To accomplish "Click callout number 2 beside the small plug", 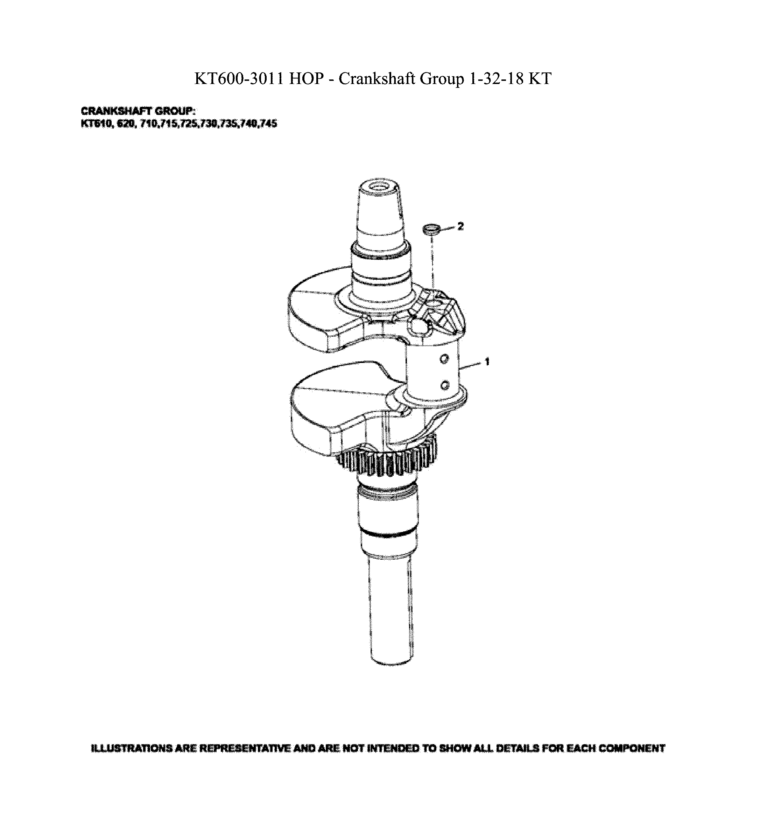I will click(460, 226).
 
